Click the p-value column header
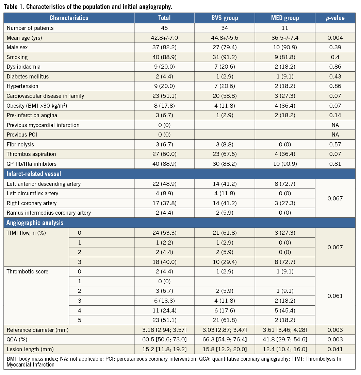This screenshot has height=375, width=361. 335,18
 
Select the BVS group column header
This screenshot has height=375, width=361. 225,18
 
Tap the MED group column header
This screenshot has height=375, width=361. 285,18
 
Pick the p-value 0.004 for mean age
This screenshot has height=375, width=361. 335,38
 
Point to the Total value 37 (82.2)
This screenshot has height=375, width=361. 164,48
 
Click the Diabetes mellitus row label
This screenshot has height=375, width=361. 28,76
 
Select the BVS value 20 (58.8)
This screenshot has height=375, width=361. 225,96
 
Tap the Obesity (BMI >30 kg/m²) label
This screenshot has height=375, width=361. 36,106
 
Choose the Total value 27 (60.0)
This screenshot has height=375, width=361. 164,154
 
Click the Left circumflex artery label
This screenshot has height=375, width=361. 32,193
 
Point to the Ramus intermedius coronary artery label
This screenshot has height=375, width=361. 49,213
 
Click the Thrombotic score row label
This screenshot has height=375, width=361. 28,272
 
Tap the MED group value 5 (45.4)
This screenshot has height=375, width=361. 285,310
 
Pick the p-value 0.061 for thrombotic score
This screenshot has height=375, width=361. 335,296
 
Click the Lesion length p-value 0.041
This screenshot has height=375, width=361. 335,349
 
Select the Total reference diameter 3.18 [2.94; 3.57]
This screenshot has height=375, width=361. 164,330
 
